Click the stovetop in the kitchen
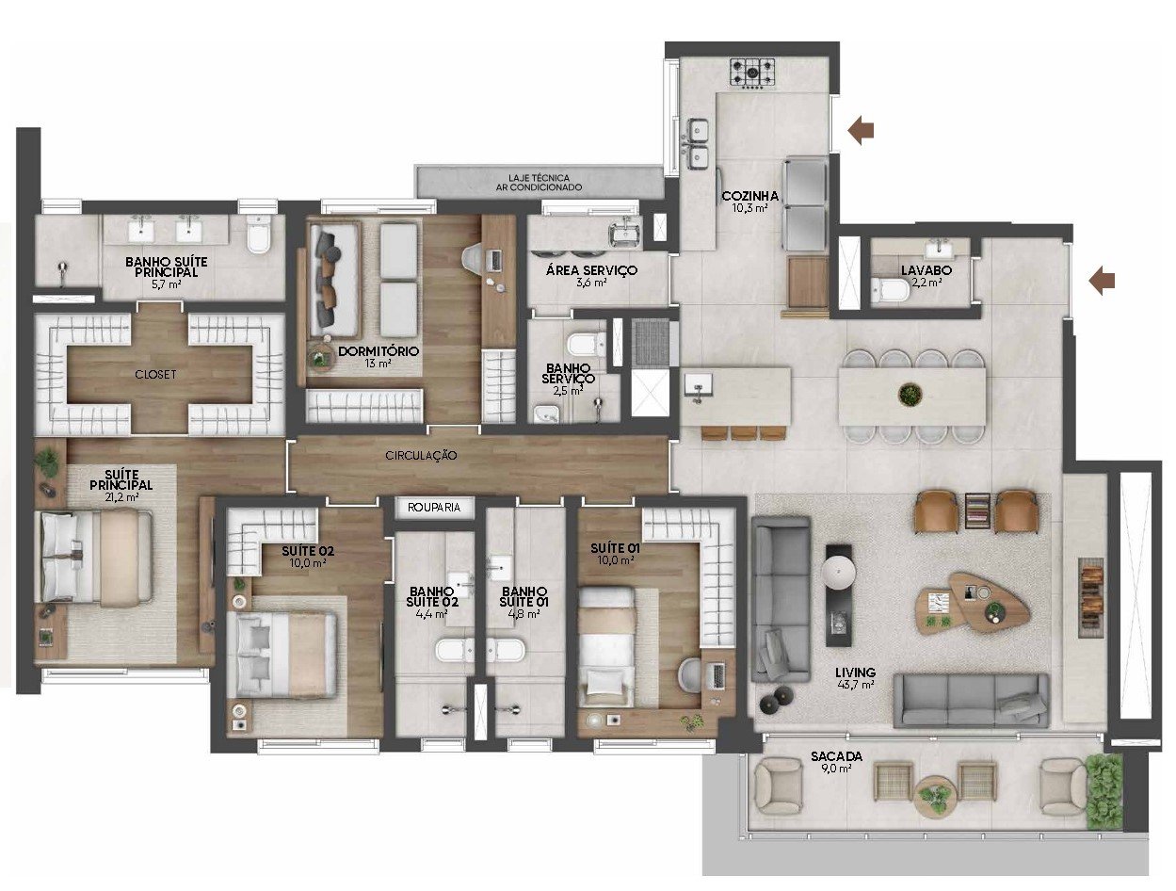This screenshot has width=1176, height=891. [x=752, y=72]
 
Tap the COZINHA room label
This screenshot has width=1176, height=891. [x=749, y=196]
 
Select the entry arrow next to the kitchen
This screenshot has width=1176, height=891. [x=861, y=130]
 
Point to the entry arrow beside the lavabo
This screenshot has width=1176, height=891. [x=1102, y=281]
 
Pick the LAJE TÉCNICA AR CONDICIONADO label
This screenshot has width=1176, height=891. [x=539, y=182]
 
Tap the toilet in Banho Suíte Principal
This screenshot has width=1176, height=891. [x=258, y=234]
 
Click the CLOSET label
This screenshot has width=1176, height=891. [x=155, y=375]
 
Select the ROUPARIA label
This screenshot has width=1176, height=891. [x=434, y=507]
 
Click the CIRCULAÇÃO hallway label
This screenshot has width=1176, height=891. [x=421, y=456]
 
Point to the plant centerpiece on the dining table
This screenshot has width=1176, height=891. [x=910, y=395]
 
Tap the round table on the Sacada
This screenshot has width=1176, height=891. [x=936, y=796]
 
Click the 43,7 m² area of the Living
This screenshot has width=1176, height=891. [x=856, y=684]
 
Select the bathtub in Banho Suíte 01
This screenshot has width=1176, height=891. [x=507, y=650]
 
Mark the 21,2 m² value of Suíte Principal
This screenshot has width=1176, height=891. [x=121, y=496]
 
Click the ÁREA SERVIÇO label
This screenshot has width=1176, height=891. [x=591, y=270]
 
